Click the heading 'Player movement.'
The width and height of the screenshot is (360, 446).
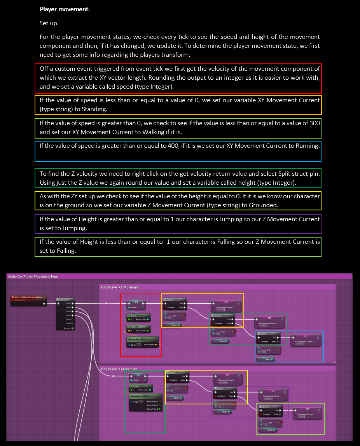tap(65, 9)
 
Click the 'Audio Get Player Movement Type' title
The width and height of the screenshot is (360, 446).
tap(33, 276)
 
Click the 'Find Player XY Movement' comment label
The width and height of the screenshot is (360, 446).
tap(120, 287)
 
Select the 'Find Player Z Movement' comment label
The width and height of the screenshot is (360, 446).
tap(119, 369)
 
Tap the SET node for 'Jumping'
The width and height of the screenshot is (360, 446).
tap(273, 395)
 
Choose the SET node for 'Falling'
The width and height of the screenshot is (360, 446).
tap(307, 413)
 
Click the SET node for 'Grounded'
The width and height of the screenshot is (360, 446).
tap(227, 379)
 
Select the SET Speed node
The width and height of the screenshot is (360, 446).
tap(135, 305)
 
